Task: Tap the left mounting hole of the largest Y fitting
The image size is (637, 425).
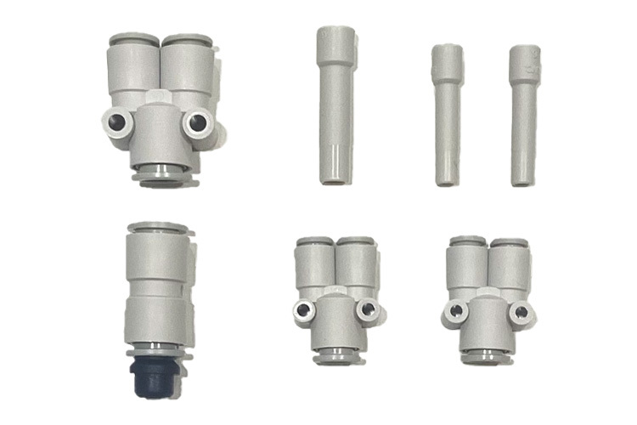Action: [x=118, y=122]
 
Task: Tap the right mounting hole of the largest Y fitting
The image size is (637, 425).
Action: [x=197, y=123]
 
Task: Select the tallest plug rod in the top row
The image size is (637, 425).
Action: [x=334, y=105]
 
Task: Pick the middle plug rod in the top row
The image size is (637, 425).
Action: [x=447, y=115]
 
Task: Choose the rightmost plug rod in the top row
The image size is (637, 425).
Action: [x=524, y=116]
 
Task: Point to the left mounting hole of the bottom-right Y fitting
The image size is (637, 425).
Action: [x=456, y=313]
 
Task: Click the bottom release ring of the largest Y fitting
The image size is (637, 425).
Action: [x=161, y=176]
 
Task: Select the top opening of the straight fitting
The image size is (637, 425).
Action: [x=156, y=229]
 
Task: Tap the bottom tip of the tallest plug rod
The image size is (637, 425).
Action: [x=334, y=179]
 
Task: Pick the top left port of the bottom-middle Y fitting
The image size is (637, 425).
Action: [x=314, y=243]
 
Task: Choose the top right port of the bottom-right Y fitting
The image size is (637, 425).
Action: [x=509, y=244]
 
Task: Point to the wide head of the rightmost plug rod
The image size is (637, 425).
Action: [x=524, y=63]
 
